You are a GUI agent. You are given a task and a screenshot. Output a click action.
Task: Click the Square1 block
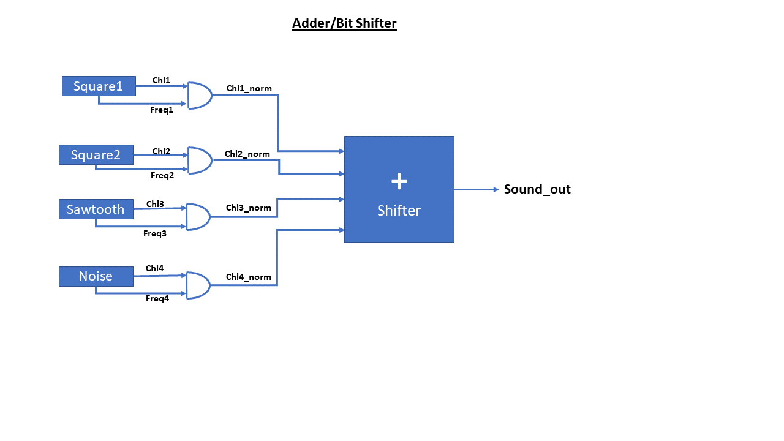[x=99, y=86]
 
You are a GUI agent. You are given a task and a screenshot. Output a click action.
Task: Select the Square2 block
[x=96, y=155]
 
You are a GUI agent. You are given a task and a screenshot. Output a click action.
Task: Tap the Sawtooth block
[x=96, y=209]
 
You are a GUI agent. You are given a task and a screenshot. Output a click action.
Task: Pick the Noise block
[x=96, y=276]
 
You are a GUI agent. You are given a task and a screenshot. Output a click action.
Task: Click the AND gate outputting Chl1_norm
[x=199, y=96]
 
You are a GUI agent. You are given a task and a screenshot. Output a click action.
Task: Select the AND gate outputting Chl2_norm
[x=199, y=160]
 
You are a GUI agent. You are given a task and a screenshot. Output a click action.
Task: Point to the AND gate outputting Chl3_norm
[x=197, y=217]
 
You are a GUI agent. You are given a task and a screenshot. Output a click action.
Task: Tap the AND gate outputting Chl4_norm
[x=197, y=285]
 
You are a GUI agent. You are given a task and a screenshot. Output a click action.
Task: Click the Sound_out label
[x=537, y=189]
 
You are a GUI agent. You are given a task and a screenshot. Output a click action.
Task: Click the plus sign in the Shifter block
[x=399, y=181]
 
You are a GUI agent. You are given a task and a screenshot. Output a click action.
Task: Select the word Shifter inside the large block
[x=399, y=211]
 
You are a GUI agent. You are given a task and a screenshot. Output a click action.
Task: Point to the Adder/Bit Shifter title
[x=344, y=23]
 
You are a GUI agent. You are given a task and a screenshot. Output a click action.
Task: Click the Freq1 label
[x=162, y=110]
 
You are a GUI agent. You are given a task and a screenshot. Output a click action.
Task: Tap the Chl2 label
[x=161, y=151]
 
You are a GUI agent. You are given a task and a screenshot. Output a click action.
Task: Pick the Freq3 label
[x=155, y=233]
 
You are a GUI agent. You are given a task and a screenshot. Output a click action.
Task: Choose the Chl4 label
[x=154, y=268]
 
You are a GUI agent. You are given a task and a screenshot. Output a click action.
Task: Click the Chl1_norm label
[x=249, y=88]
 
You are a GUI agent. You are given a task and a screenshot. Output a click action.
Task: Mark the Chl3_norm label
[x=248, y=208]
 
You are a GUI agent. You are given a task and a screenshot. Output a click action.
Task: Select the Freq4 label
[x=157, y=299]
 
